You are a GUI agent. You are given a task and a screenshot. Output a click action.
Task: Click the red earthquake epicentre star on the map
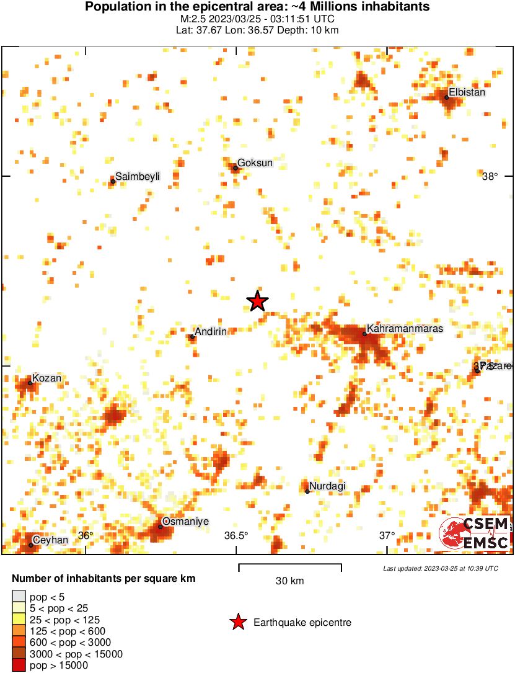(257, 301)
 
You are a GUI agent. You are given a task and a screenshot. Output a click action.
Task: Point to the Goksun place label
(255, 163)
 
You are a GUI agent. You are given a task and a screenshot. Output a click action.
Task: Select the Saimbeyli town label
(138, 177)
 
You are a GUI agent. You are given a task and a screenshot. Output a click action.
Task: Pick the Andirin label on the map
(211, 332)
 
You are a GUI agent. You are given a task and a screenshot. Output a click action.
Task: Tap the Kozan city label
(47, 378)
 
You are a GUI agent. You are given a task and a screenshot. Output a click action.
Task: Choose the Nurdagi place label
(327, 486)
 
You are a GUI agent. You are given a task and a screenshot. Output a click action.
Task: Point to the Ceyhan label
(50, 540)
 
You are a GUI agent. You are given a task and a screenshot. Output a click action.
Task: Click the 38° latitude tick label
(490, 177)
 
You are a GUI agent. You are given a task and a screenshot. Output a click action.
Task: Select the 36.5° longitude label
(236, 535)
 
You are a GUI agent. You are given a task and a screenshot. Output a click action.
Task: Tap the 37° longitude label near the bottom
(387, 535)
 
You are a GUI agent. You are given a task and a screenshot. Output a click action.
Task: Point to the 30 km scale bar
(290, 565)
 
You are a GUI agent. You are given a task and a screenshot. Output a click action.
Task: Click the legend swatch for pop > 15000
(19, 666)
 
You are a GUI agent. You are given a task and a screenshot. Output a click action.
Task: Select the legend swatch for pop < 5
(19, 597)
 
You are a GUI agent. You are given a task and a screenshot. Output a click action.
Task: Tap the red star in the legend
(237, 622)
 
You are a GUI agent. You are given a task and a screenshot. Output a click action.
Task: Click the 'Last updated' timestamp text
(441, 568)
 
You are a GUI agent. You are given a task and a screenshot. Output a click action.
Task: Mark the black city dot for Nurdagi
(307, 491)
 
